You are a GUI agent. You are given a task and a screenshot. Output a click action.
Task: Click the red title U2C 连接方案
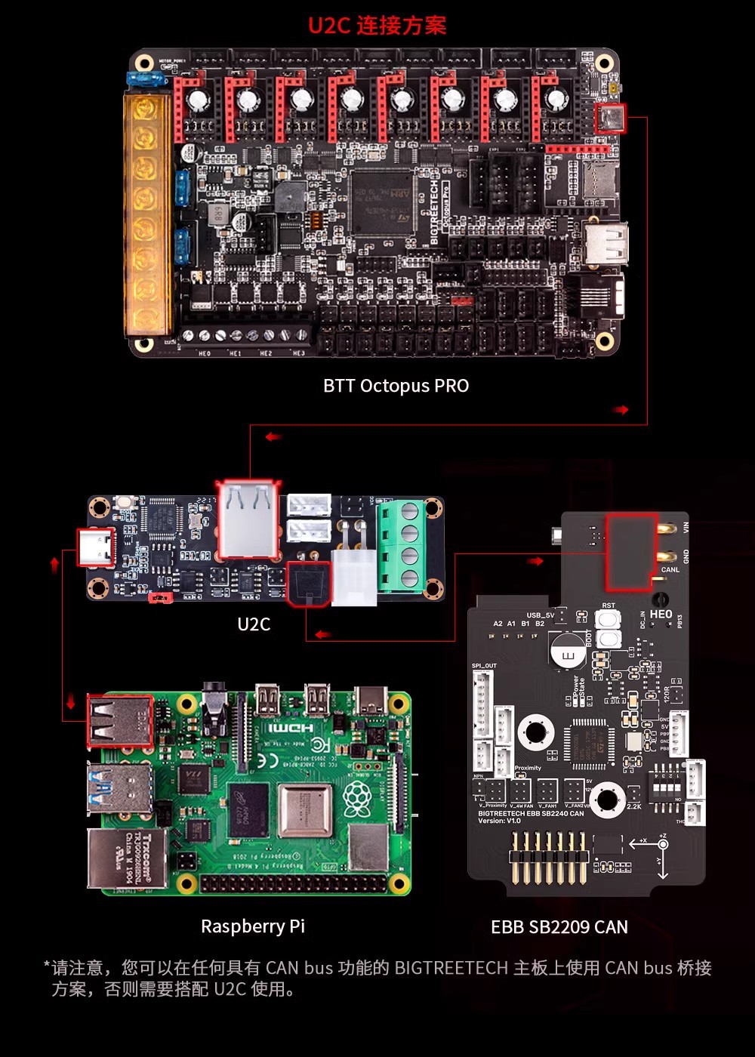[377, 25]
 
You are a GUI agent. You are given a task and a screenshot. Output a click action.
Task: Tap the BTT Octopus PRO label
[396, 386]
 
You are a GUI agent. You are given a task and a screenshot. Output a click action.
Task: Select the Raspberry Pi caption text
[253, 926]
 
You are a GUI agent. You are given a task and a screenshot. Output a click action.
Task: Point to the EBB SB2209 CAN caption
[559, 927]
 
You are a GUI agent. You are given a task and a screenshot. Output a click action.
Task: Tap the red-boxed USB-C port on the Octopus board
[610, 119]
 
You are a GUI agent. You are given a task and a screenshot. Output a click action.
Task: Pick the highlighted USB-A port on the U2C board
[248, 520]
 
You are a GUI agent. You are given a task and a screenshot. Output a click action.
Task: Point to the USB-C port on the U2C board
[97, 547]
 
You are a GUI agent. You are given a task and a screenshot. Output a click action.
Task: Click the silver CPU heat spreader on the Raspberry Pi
[306, 811]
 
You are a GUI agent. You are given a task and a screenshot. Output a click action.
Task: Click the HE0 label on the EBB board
[661, 615]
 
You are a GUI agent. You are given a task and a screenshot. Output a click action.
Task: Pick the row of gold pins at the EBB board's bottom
[550, 858]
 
